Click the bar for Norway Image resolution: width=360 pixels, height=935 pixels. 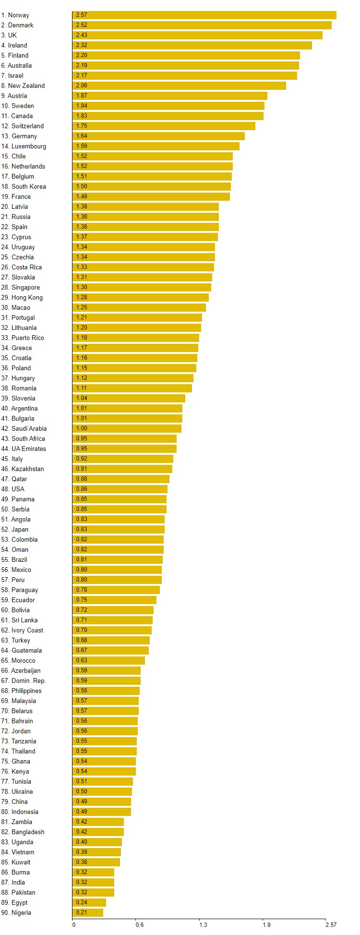click(x=204, y=15)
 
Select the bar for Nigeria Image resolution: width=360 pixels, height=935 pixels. click(x=88, y=912)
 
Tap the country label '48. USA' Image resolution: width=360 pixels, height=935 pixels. click(x=13, y=489)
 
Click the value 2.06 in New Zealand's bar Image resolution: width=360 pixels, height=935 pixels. click(x=82, y=85)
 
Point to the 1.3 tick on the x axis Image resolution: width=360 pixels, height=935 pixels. click(x=203, y=924)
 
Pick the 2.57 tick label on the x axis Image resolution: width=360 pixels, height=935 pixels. click(x=331, y=924)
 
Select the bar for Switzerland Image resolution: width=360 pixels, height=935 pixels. click(x=164, y=126)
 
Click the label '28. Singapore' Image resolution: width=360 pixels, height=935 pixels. click(x=21, y=287)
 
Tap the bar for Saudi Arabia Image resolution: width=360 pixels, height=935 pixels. click(x=127, y=428)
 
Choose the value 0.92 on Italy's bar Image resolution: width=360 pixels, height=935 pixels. click(x=82, y=459)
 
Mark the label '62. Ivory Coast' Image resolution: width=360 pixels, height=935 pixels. click(x=22, y=630)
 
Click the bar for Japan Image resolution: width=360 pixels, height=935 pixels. click(x=119, y=529)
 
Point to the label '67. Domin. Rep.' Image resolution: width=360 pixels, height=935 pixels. click(x=24, y=680)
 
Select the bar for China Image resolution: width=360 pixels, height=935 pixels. click(x=102, y=801)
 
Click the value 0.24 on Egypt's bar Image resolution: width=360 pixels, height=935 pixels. click(x=82, y=902)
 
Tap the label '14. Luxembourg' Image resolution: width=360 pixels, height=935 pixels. click(x=24, y=146)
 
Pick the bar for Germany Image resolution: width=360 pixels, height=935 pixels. click(x=158, y=136)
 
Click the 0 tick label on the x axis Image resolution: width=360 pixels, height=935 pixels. click(x=73, y=924)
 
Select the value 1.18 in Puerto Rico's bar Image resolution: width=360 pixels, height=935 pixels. click(x=82, y=338)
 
